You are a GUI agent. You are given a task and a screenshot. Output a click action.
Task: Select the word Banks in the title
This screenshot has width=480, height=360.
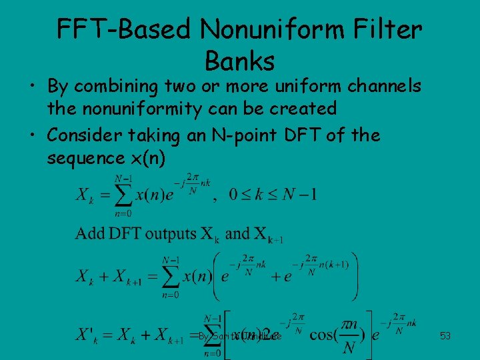click(x=240, y=61)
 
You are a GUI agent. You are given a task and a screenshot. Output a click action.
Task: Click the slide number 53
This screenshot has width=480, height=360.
click(x=445, y=336)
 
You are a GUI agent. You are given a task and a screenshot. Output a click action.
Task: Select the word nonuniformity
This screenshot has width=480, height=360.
click(x=145, y=107)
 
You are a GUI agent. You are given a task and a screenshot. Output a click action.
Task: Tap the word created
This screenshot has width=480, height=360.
click(x=305, y=107)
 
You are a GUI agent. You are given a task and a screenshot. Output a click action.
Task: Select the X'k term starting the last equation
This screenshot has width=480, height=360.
click(x=88, y=333)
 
